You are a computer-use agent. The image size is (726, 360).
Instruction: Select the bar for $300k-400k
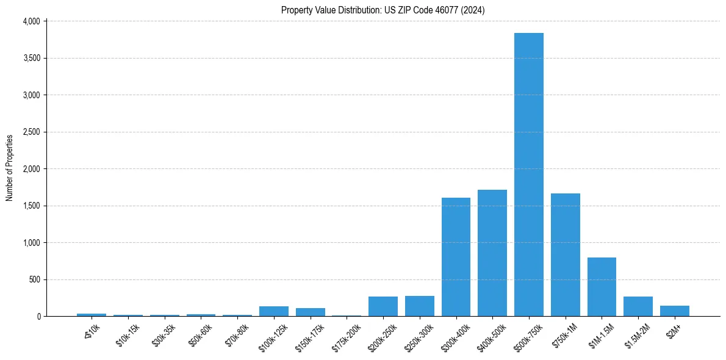(456, 257)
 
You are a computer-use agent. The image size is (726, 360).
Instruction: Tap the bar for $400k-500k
(492, 253)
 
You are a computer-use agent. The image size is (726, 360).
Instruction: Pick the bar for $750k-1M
(566, 255)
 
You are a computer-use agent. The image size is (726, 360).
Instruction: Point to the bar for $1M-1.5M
(602, 287)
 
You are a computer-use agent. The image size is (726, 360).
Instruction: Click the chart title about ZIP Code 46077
(383, 10)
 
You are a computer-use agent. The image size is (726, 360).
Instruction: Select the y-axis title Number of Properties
(10, 168)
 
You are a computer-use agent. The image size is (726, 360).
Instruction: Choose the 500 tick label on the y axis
(34, 279)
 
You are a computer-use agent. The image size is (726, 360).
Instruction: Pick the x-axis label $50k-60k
(201, 334)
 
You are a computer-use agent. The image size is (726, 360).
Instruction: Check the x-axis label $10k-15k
(128, 334)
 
